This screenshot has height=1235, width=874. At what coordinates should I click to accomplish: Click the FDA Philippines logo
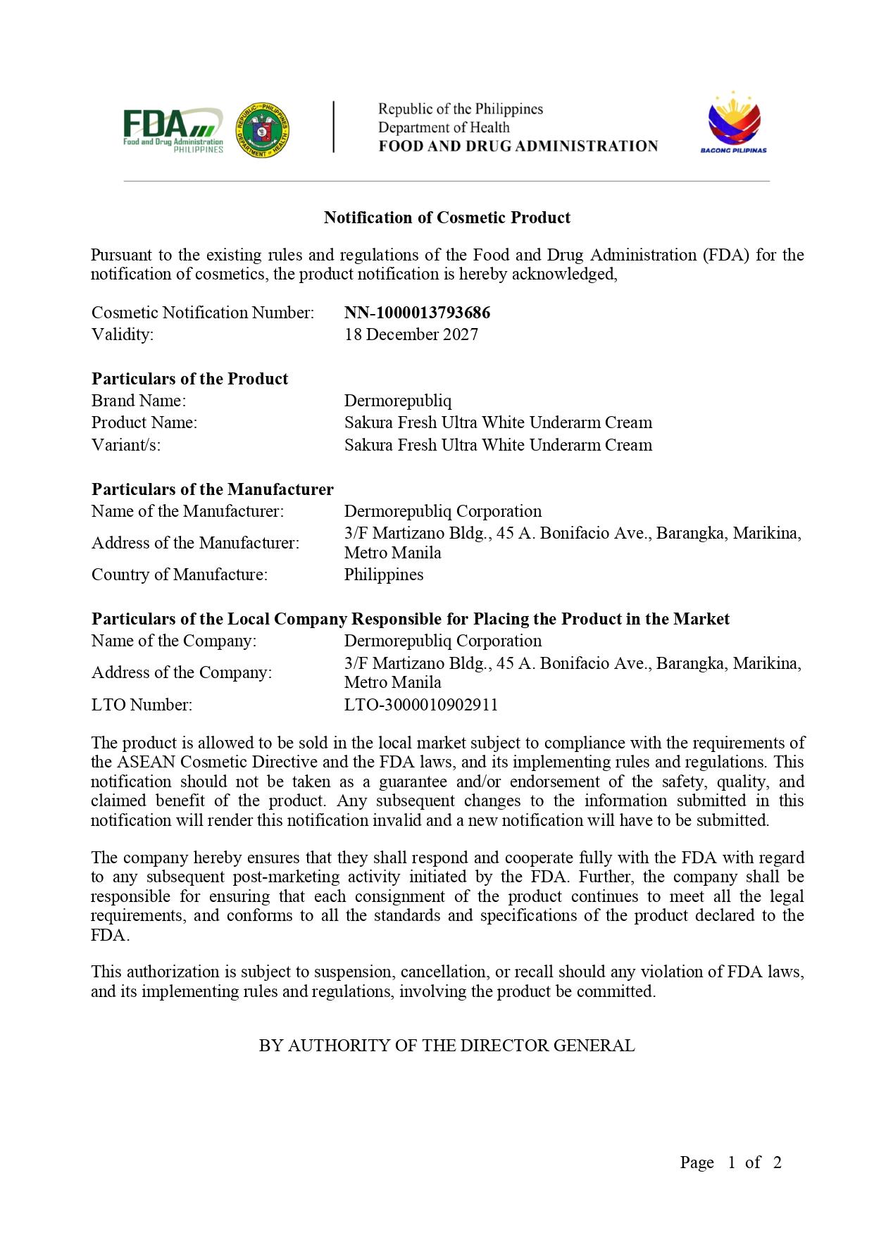point(173,130)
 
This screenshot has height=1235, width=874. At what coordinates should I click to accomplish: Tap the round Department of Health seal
point(263,130)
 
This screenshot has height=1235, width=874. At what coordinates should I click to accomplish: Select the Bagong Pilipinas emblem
point(733,122)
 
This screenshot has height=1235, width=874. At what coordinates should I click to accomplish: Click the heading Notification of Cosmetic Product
point(447,218)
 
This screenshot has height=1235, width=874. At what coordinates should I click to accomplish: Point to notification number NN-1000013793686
point(417,313)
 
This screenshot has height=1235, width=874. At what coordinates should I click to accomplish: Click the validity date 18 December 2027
point(411,334)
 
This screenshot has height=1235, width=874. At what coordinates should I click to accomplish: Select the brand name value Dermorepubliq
point(397,401)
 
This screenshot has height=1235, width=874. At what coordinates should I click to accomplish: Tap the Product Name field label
point(144,422)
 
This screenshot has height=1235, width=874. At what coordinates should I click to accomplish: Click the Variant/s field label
point(126,445)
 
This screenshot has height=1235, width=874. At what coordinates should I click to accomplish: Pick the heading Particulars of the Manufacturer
point(212,489)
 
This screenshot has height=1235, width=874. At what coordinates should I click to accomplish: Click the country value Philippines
point(383,575)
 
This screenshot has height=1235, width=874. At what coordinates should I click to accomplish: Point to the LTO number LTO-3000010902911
point(420,705)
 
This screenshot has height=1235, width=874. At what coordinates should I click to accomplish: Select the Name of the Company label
point(174,641)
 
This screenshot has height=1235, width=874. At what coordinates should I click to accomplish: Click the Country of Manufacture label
point(180,575)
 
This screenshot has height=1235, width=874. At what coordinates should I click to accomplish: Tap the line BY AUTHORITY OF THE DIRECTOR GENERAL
point(447,1046)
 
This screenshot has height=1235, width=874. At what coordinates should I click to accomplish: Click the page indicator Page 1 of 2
point(730,1162)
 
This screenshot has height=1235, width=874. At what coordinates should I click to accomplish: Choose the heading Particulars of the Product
point(189,379)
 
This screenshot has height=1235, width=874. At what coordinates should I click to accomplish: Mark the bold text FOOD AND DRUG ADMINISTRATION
point(518,146)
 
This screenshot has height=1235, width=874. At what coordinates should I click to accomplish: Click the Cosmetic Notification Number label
point(203,313)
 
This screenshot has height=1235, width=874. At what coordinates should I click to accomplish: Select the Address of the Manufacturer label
point(195,543)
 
